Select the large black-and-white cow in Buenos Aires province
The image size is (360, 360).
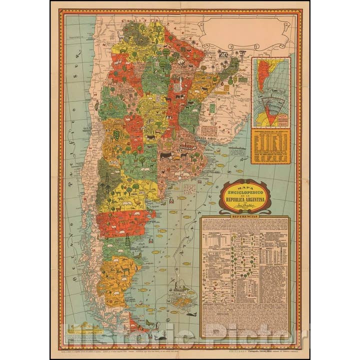click(166, 156)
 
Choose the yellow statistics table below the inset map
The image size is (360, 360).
click(270, 145)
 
